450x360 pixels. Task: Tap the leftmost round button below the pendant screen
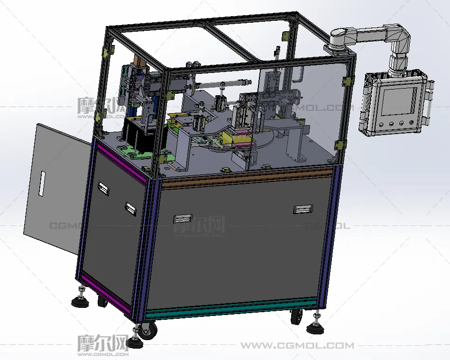(381, 125)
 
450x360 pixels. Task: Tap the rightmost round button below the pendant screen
(412, 123)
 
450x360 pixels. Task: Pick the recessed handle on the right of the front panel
(303, 209)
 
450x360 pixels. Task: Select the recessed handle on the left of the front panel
(183, 219)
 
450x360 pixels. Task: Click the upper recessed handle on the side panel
(103, 189)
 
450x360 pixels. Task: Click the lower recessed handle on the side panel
(130, 209)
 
